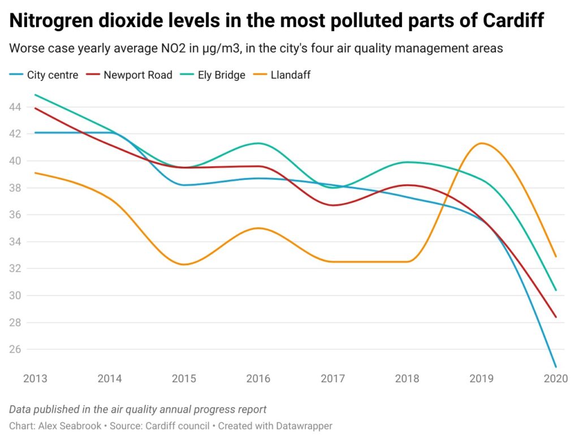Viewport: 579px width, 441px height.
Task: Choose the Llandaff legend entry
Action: coord(282,75)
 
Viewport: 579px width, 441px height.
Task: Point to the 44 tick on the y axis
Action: coord(15,107)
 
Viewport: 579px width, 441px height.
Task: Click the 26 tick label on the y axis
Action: coord(15,349)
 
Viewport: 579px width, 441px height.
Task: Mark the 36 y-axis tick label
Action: coord(15,215)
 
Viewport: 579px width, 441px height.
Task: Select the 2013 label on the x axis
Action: coord(35,378)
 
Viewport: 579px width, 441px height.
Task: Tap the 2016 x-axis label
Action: coord(258,378)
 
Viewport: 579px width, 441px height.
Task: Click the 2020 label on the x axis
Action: coord(555,378)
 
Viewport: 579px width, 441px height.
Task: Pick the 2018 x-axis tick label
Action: coord(407,378)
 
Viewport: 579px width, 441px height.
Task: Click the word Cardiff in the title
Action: coord(513,20)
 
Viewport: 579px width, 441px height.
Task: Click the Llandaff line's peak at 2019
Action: coord(481,143)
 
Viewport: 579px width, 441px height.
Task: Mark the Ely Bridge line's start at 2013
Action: coord(35,94)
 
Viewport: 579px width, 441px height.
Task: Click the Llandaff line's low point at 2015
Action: coord(184,265)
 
